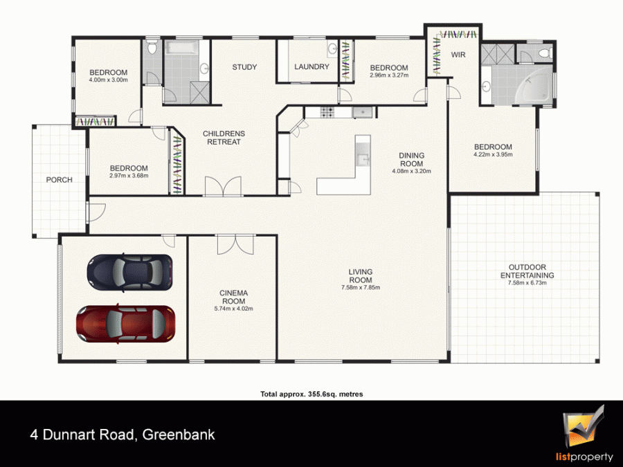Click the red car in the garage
[125, 324]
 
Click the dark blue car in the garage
[130, 272]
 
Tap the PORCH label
[60, 180]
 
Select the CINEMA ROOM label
[234, 297]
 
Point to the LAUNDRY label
[312, 66]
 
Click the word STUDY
[244, 67]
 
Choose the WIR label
[458, 55]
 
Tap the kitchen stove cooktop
[327, 112]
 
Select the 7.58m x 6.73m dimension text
[527, 283]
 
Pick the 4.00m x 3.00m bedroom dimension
[109, 80]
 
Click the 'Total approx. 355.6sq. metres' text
[311, 394]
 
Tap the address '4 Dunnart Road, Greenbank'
[123, 434]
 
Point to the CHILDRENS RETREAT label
[224, 138]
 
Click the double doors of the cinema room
[235, 244]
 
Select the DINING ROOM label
[412, 160]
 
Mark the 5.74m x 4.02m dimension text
[234, 309]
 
